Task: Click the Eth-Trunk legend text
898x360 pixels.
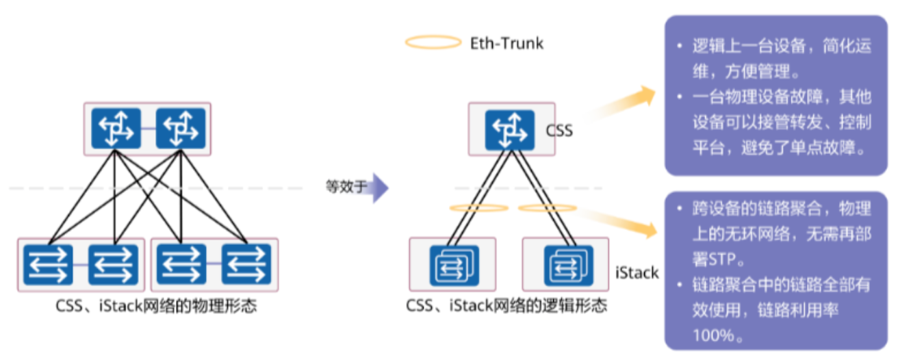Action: (506, 43)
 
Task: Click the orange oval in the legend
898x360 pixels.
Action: (433, 42)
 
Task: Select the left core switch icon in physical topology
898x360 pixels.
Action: (116, 129)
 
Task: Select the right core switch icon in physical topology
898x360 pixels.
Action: (180, 129)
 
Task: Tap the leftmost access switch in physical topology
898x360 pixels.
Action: (47, 264)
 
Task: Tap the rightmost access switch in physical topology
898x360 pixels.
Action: (246, 264)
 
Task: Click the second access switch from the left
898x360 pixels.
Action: (114, 264)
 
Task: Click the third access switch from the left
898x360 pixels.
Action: (181, 264)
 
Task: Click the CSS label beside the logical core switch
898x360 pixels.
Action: (559, 130)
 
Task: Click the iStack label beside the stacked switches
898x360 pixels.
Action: (637, 273)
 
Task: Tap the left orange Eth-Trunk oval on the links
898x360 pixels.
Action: (478, 207)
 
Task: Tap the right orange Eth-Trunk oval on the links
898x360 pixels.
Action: (548, 207)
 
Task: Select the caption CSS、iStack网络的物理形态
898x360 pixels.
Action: (156, 306)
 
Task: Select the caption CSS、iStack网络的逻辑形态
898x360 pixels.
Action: (506, 306)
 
